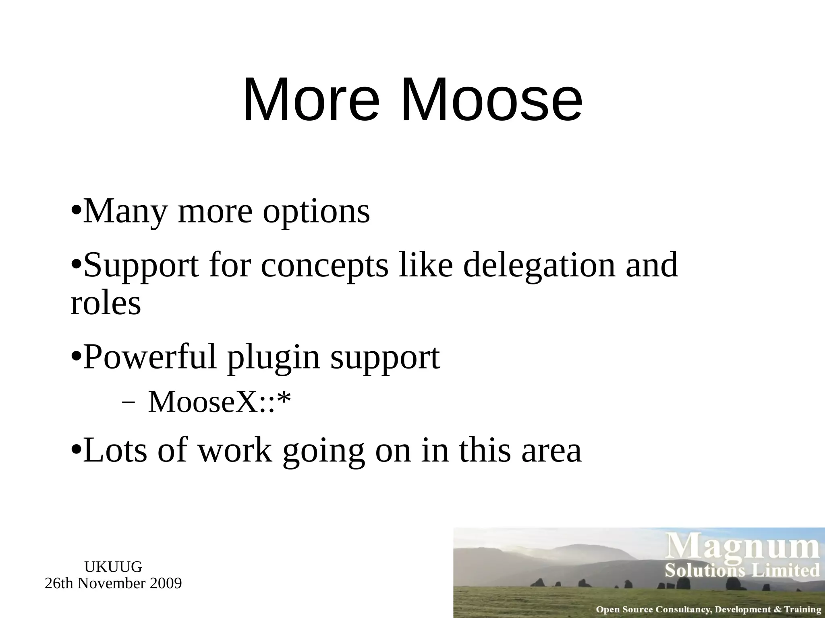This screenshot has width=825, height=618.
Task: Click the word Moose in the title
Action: [491, 99]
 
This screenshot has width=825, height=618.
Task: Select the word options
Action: [316, 212]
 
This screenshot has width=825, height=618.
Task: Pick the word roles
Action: [106, 303]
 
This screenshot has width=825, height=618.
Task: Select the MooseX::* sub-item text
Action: [220, 402]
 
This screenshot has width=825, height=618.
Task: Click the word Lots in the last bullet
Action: [115, 451]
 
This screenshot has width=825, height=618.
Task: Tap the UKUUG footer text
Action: [113, 567]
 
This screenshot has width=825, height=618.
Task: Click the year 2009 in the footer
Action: [166, 583]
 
